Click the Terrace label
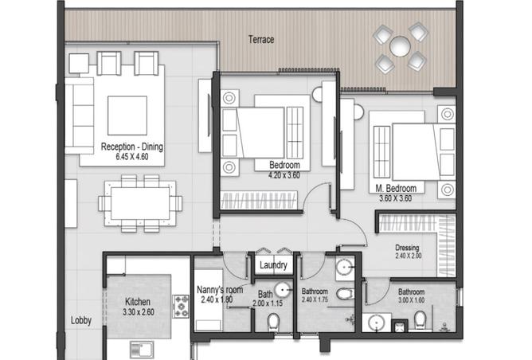click(261, 40)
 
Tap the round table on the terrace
click(400, 46)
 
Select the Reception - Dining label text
click(132, 147)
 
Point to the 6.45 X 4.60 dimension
click(132, 157)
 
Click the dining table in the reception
click(140, 203)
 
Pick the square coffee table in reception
click(127, 115)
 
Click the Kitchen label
click(138, 302)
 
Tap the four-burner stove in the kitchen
click(181, 306)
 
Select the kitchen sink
click(142, 349)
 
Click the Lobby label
click(81, 320)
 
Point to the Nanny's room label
click(220, 290)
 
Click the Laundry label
click(273, 265)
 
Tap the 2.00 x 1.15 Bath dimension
click(268, 303)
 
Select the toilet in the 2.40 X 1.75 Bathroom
click(345, 294)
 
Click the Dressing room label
click(407, 248)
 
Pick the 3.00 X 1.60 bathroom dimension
click(411, 300)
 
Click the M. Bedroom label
click(396, 188)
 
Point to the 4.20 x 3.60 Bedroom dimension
click(284, 175)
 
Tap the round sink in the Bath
click(284, 290)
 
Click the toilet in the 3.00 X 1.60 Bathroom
click(420, 320)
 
